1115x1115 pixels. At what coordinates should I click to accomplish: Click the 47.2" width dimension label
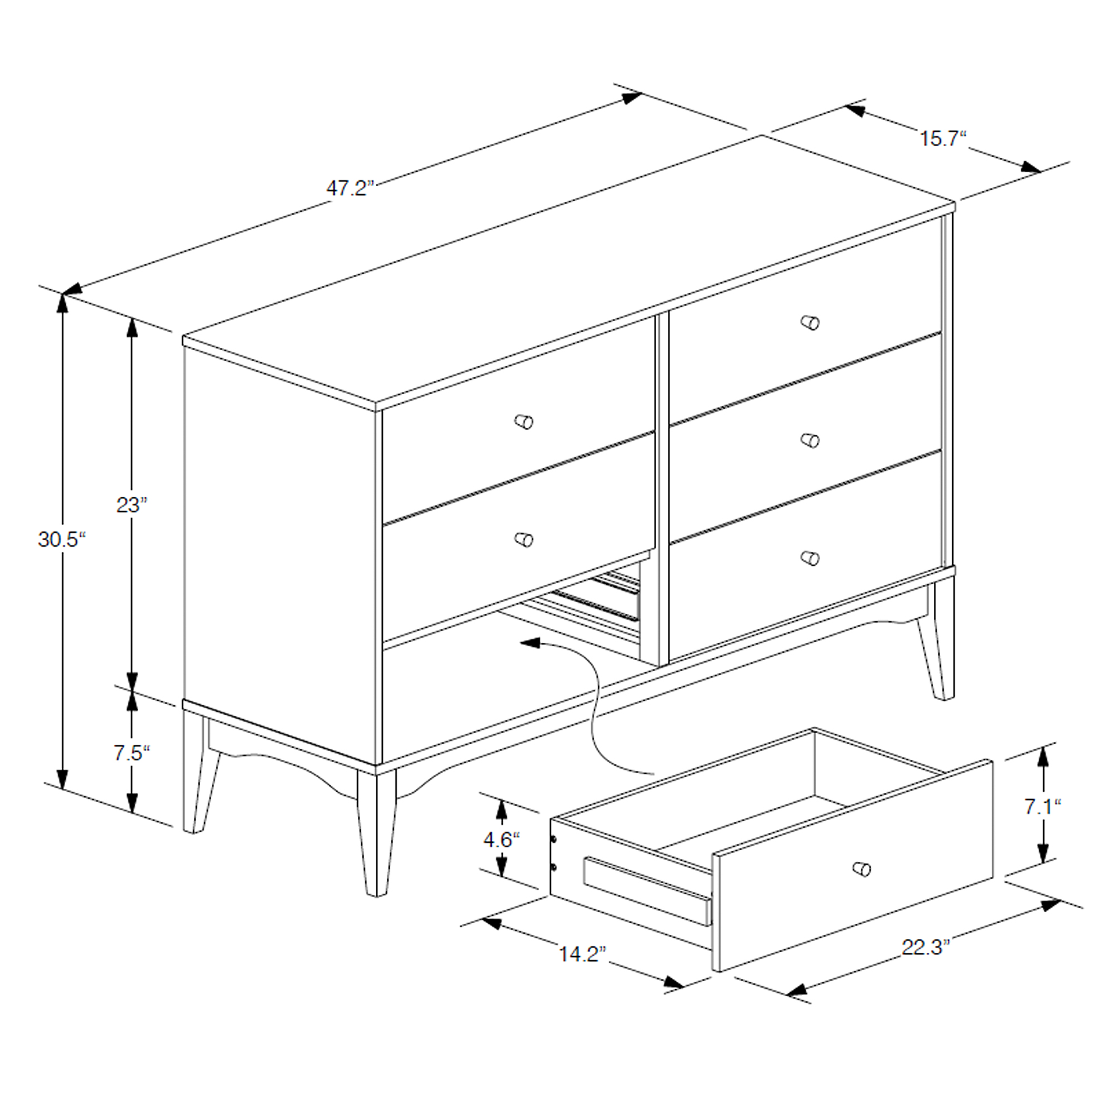click(x=350, y=188)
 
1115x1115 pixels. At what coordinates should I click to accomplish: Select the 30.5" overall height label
click(x=62, y=540)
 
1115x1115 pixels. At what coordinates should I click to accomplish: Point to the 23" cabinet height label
click(x=132, y=505)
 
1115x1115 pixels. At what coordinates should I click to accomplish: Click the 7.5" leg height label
click(x=132, y=753)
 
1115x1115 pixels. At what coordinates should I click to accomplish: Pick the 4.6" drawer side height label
click(x=502, y=840)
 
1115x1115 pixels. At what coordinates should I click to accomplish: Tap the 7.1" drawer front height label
click(x=1043, y=806)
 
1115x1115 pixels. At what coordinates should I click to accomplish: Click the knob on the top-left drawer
click(x=523, y=422)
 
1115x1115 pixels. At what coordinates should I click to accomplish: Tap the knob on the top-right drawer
click(x=810, y=322)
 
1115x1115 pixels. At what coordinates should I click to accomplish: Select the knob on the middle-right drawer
click(x=810, y=440)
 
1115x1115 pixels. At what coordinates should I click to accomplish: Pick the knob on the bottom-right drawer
click(x=810, y=558)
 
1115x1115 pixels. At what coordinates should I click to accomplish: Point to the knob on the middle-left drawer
click(x=523, y=540)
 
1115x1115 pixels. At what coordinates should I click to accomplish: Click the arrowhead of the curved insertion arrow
click(x=530, y=642)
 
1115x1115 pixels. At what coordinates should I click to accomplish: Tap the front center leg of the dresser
click(x=376, y=831)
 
